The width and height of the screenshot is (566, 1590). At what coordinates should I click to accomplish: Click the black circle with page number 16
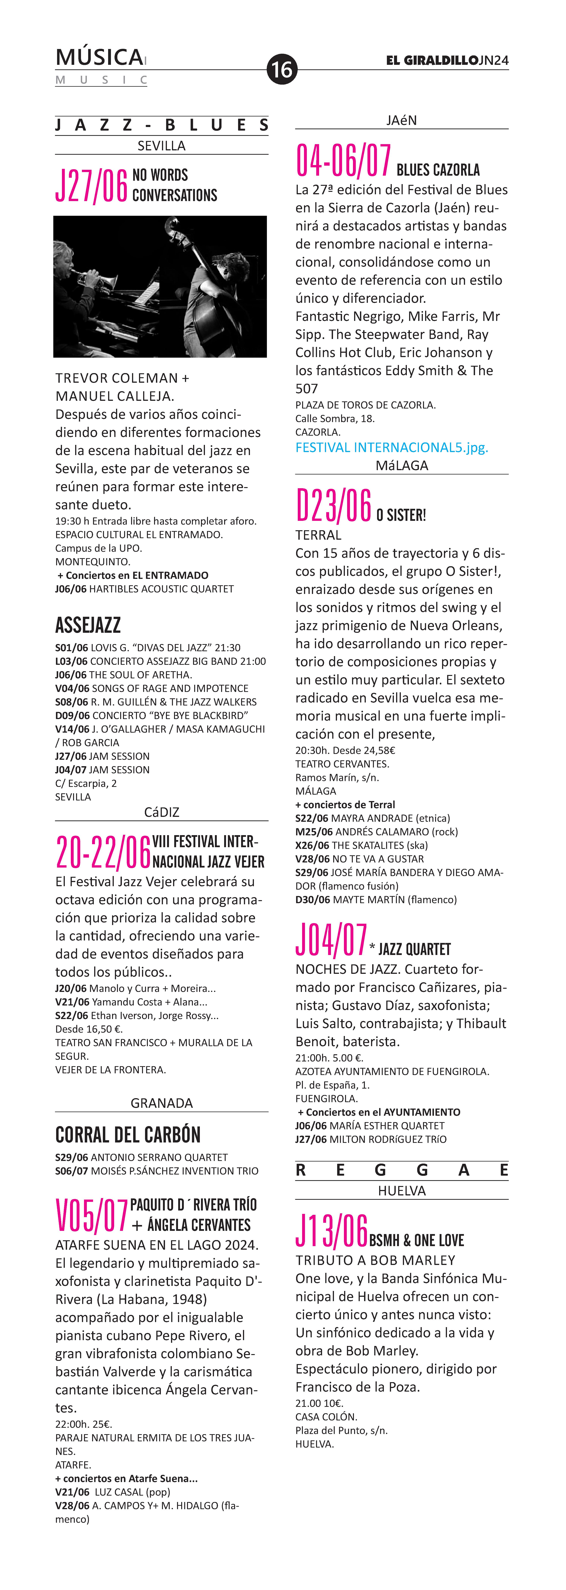(x=282, y=69)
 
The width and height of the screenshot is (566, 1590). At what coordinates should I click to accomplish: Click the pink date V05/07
(x=91, y=1215)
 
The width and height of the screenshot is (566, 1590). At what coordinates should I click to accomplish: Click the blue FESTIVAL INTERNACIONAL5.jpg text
(x=391, y=448)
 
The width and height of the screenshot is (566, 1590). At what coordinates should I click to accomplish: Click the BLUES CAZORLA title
(x=438, y=170)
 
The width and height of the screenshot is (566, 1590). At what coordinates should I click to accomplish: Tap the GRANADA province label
(x=162, y=1103)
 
